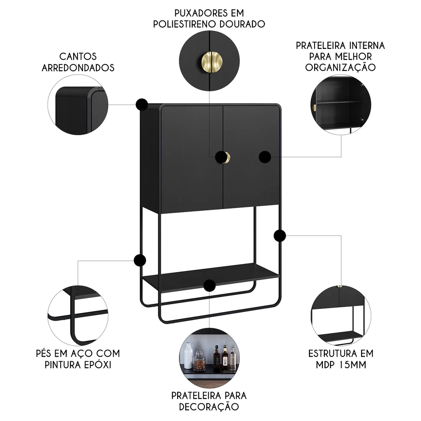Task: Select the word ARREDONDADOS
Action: coord(78,67)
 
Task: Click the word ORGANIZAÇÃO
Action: coord(340,67)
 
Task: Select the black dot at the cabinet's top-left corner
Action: coord(142,104)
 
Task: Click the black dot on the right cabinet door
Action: coord(265,157)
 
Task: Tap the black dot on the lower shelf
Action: coord(209,285)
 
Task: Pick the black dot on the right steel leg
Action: coord(280,236)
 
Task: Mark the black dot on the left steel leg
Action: coord(140,260)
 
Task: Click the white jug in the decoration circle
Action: coord(188,356)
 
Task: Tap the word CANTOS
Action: coord(78,56)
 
